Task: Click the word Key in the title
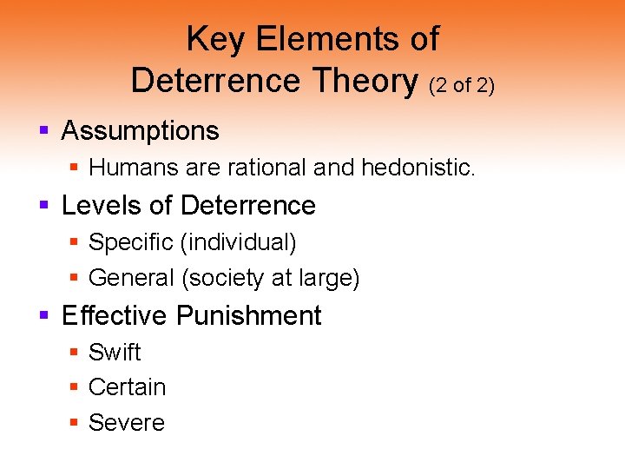[210, 39]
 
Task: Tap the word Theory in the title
[366, 80]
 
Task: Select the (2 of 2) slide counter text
[461, 84]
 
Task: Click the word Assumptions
[140, 131]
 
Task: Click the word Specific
[131, 243]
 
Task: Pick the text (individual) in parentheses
[239, 243]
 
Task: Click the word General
[132, 278]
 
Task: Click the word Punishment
[249, 315]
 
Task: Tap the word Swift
[115, 352]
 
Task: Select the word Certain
[127, 386]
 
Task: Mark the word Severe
[127, 422]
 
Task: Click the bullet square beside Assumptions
[43, 132]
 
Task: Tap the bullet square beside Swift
[75, 353]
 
